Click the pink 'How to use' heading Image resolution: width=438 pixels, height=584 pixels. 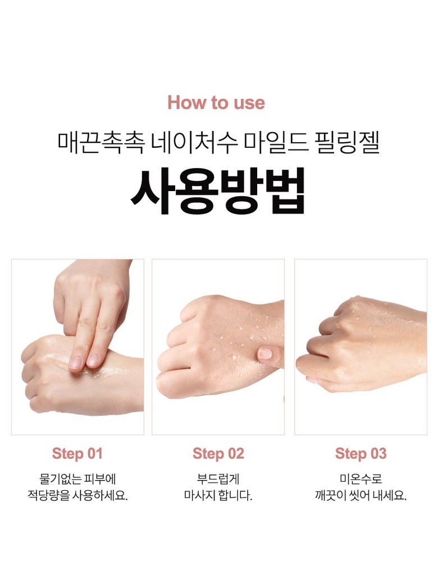tap(216, 103)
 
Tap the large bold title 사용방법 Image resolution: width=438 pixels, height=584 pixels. tap(218, 191)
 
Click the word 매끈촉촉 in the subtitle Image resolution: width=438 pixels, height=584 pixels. tap(101, 143)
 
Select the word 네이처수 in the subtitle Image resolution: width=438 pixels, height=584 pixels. tap(195, 143)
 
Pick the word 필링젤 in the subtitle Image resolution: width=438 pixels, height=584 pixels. tap(348, 143)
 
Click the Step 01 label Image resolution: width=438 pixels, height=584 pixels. tap(77, 454)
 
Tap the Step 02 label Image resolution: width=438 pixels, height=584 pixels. tap(218, 454)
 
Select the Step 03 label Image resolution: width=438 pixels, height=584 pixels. tap(361, 454)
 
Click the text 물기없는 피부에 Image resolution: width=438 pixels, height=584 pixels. tap(77, 478)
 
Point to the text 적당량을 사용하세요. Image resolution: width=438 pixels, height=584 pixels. tap(77, 495)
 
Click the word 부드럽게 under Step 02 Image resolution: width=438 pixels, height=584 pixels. tap(218, 478)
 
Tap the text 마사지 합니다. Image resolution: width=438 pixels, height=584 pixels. tap(218, 495)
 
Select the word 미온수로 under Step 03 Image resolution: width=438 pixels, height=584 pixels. tap(361, 478)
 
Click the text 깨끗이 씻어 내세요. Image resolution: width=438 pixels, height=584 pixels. tap(361, 495)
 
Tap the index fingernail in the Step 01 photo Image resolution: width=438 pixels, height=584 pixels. tap(76, 362)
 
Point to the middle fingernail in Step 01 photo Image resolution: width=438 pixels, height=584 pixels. tap(93, 360)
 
